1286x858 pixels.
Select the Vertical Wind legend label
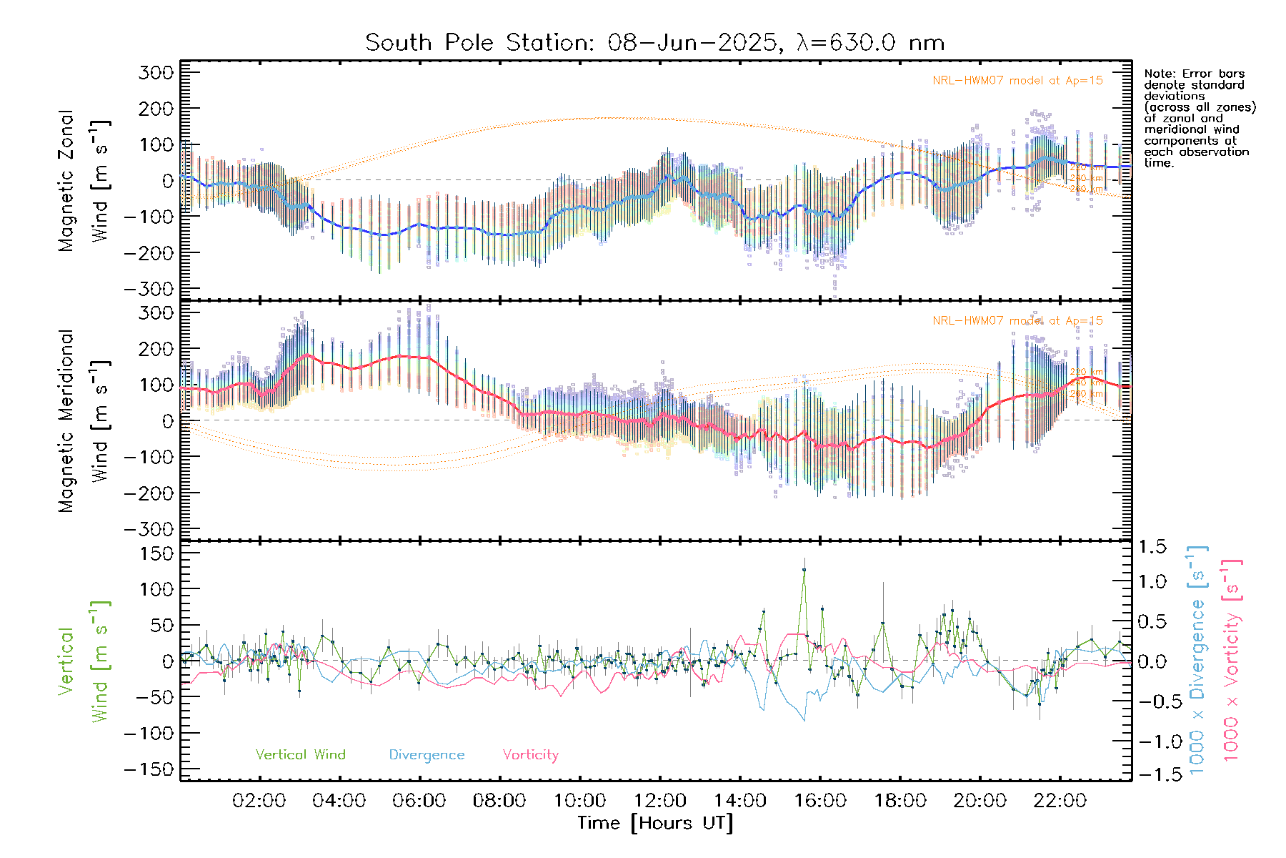[x=300, y=754]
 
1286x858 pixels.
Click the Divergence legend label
[x=427, y=754]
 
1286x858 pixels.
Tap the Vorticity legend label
[x=530, y=754]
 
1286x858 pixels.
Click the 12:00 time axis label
[x=660, y=801]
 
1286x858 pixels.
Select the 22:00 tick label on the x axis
[x=1060, y=801]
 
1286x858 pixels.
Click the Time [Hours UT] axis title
[x=655, y=823]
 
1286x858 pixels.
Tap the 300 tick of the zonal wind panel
[x=156, y=72]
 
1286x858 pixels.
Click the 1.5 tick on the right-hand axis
[x=1152, y=547]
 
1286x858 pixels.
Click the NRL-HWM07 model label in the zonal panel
[x=1017, y=81]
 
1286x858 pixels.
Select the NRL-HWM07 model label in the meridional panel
[x=1017, y=321]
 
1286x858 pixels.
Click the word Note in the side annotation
[x=1159, y=74]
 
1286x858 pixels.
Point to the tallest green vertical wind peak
[x=804, y=570]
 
